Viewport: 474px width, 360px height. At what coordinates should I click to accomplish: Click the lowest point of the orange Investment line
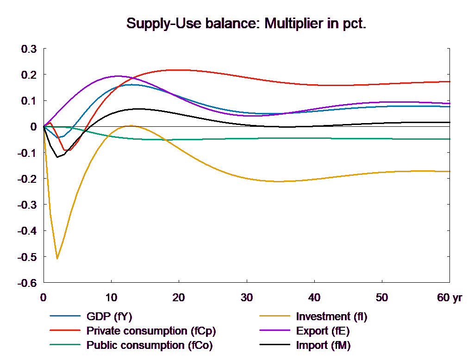click(x=57, y=258)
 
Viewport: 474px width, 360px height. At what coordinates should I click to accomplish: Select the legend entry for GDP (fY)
click(x=109, y=317)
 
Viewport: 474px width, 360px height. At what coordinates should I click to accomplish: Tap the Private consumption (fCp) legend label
click(x=151, y=331)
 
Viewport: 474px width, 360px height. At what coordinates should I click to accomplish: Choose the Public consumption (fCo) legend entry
click(x=150, y=345)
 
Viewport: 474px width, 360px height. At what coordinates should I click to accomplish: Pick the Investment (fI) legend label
click(x=331, y=317)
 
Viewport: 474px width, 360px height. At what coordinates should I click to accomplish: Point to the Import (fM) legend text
click(x=323, y=345)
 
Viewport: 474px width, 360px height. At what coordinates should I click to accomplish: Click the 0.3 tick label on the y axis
click(x=29, y=49)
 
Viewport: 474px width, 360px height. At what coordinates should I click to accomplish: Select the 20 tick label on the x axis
click(x=179, y=298)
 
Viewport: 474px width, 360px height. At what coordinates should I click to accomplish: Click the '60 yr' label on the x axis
click(x=449, y=298)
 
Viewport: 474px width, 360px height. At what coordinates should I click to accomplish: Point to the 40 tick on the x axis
click(x=314, y=298)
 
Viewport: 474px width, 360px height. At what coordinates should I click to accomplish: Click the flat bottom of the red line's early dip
click(x=67, y=150)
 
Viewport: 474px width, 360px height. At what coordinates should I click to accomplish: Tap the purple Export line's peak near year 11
click(x=118, y=76)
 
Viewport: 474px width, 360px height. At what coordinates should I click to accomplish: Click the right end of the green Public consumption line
click(x=450, y=139)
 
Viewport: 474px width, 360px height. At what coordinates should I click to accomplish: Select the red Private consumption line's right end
click(x=450, y=81)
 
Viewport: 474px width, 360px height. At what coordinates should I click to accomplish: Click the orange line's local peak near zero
click(x=131, y=125)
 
